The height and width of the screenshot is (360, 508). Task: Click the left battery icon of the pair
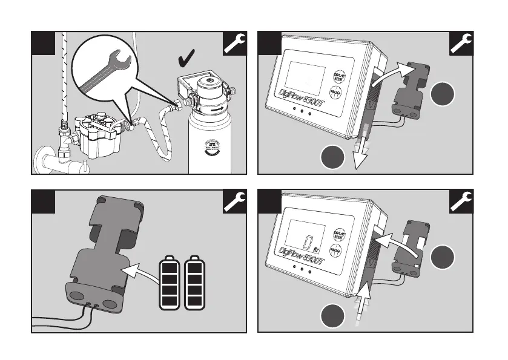(x=169, y=284)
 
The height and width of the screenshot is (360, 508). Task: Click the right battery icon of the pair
(x=194, y=284)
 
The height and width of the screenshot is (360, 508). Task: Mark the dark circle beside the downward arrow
(x=332, y=159)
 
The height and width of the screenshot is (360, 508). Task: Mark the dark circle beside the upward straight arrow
(x=332, y=315)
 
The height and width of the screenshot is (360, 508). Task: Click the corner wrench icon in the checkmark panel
(x=235, y=44)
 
